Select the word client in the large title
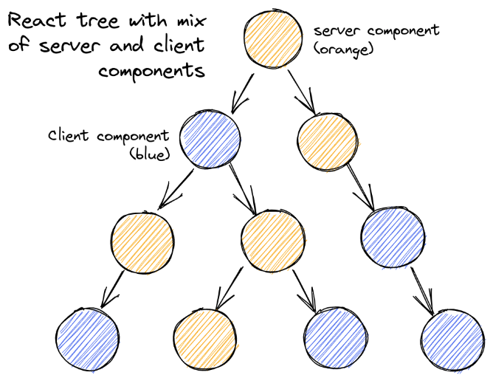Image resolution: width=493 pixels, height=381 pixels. point(177,45)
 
